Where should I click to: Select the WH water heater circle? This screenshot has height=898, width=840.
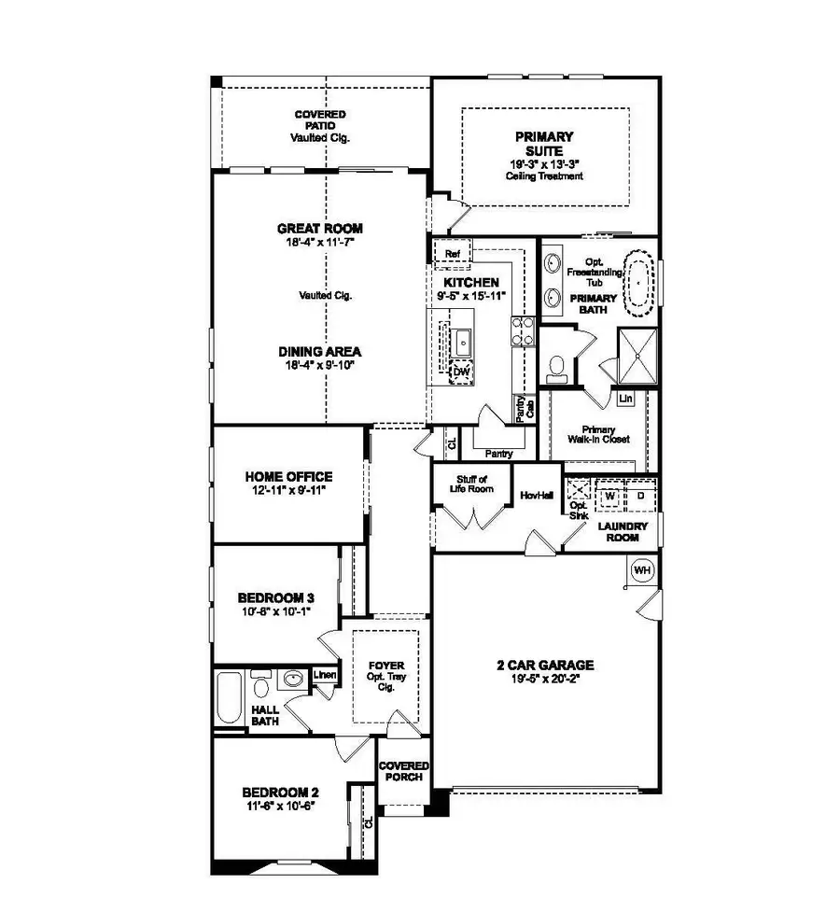642,570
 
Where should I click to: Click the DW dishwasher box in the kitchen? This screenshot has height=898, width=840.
460,372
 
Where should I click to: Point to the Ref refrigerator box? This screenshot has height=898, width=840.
453,254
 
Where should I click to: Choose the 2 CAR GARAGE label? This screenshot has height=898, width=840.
545,665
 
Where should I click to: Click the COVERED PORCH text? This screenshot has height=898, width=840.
403,771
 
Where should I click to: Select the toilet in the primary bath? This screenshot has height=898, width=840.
557,368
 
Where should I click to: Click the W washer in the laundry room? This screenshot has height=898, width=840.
609,495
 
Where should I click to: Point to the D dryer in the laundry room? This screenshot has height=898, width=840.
640,495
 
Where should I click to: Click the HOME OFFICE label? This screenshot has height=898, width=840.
288,476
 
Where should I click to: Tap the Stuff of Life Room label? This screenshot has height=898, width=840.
469,485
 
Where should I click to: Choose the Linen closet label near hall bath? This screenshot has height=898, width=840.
324,675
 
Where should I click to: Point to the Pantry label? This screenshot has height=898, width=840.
499,454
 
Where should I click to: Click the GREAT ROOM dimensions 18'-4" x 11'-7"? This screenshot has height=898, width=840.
319,242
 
